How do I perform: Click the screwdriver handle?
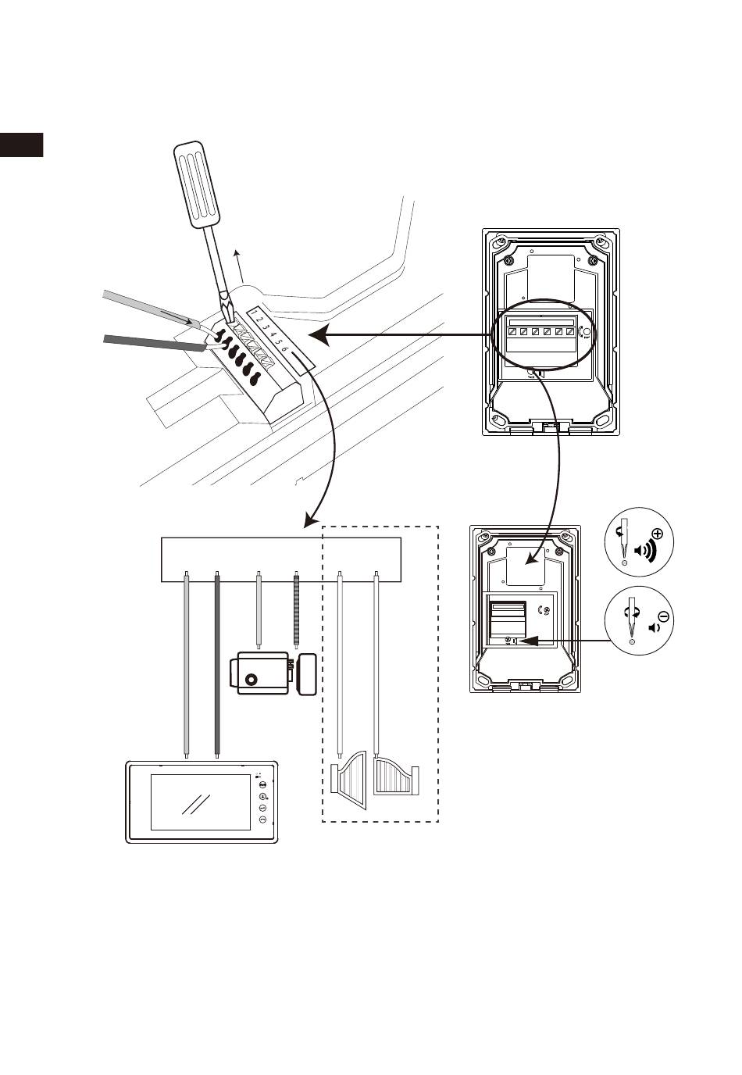[197, 184]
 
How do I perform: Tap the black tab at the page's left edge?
[22, 145]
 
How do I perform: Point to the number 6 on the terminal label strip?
[284, 350]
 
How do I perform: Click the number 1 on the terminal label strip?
[254, 313]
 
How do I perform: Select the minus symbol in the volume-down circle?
[665, 616]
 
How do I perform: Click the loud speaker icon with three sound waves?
[646, 553]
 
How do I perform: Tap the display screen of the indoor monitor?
[201, 802]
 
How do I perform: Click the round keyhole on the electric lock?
[250, 680]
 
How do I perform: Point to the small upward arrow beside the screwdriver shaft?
[239, 266]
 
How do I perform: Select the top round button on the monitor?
[262, 784]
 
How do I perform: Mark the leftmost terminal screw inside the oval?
[512, 331]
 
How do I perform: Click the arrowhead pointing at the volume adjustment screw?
[526, 640]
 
